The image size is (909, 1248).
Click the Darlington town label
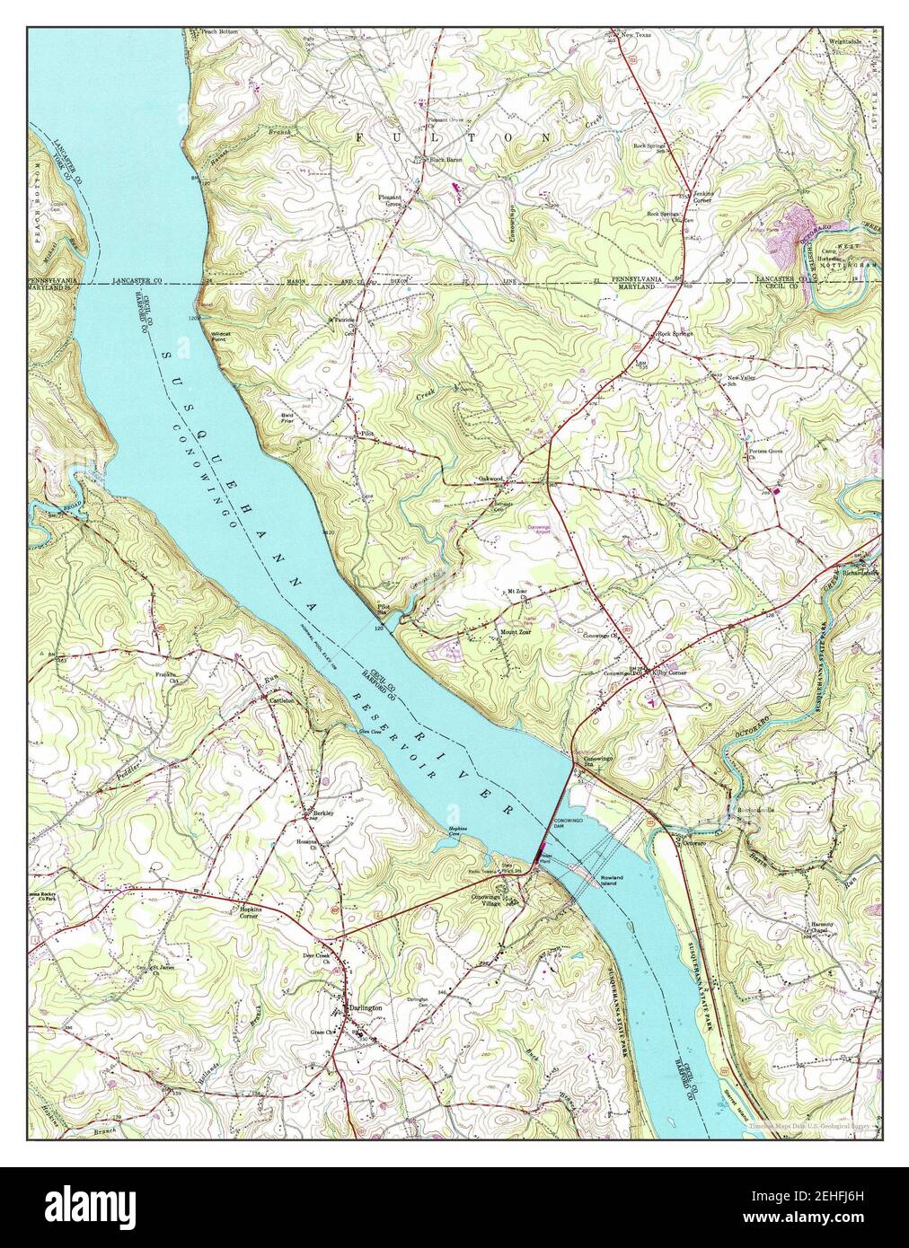point(365,1008)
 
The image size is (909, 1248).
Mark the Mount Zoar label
point(515,631)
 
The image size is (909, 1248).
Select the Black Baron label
point(445,160)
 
